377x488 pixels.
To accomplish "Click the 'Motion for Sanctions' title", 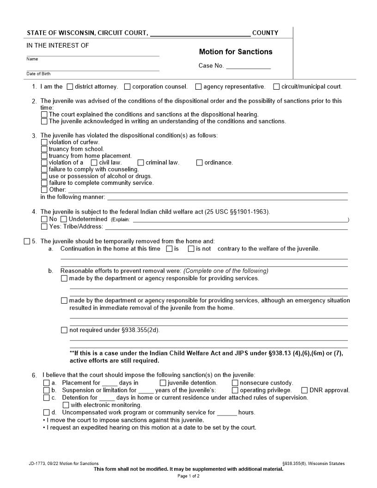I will click(x=236, y=52).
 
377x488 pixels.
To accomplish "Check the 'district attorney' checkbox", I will click(x=70, y=86).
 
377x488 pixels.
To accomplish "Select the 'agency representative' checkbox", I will click(x=199, y=86).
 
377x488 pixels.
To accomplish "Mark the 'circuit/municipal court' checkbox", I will click(x=276, y=86).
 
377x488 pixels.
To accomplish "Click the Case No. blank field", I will click(x=248, y=66).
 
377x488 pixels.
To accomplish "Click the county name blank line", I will click(x=200, y=33).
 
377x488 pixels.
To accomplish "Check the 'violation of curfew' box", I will click(x=44, y=142).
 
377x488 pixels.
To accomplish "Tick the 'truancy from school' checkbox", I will click(x=44, y=149).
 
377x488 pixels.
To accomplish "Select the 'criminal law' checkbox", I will click(x=141, y=163).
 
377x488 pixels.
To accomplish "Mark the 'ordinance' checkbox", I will click(x=200, y=163).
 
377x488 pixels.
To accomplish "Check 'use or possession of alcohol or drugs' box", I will click(x=44, y=176).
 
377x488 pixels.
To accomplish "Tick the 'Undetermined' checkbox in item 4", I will click(x=64, y=219).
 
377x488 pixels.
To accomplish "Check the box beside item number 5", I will click(x=27, y=241).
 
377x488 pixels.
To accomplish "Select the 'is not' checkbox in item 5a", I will click(x=191, y=249).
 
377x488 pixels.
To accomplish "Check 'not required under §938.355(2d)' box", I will click(x=64, y=330).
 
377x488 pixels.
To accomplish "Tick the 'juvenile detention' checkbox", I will click(x=163, y=383).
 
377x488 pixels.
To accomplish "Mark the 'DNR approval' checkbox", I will click(x=304, y=390).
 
